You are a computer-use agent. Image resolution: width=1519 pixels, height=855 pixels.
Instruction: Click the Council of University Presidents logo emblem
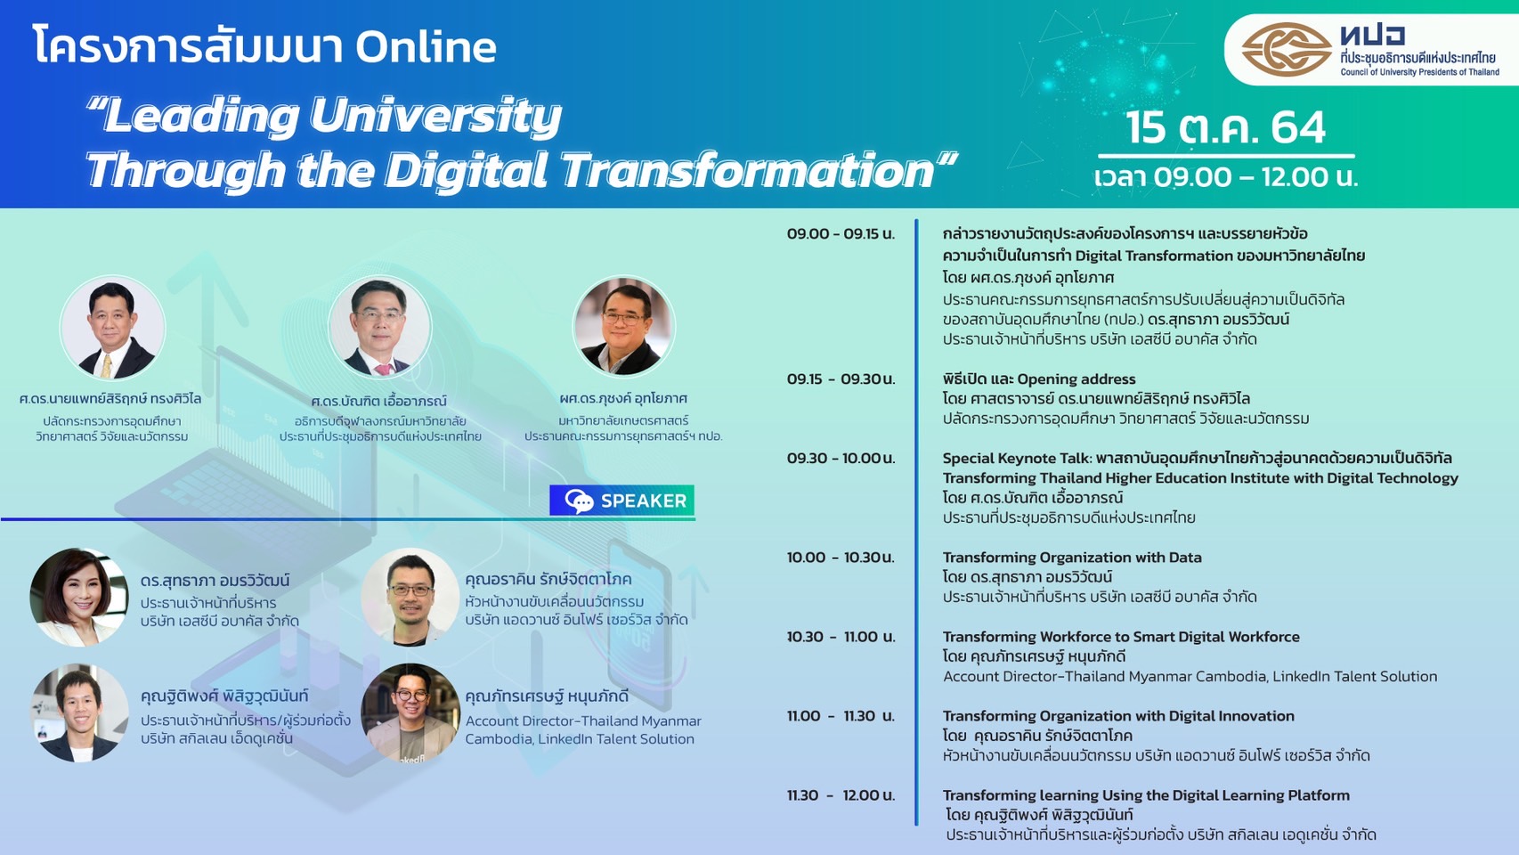point(1287,50)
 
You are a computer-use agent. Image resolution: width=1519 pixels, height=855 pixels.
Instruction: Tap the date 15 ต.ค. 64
point(1225,126)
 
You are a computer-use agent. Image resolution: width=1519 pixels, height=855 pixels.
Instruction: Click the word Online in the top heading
point(426,47)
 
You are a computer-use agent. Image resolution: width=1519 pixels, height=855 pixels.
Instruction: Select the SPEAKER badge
point(621,501)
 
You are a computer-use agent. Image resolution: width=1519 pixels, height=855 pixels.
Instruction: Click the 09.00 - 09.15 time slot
point(841,234)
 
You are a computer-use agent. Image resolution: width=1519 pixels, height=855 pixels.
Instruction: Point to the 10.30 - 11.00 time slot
point(841,637)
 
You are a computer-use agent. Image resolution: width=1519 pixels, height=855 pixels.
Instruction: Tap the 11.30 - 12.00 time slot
point(841,795)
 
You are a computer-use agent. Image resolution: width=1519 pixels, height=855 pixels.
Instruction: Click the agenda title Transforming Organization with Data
point(1072,558)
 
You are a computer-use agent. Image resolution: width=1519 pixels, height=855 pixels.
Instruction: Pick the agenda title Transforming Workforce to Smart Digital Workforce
point(1121,637)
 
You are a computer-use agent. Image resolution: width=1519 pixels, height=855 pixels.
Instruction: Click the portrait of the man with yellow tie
point(112,327)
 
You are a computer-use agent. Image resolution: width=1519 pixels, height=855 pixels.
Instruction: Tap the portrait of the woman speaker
point(78,597)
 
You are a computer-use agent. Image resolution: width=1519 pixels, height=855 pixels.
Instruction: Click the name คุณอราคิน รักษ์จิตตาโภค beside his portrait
point(548,580)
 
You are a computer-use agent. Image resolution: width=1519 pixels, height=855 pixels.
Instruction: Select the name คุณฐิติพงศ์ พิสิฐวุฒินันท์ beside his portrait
point(224,696)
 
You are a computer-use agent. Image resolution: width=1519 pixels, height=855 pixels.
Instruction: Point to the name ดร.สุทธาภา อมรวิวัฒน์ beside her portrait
point(215,581)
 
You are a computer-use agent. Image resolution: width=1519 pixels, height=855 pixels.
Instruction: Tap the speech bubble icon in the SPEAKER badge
point(579,501)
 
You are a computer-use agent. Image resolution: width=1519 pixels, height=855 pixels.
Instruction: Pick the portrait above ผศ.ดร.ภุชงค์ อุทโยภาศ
point(624,326)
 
